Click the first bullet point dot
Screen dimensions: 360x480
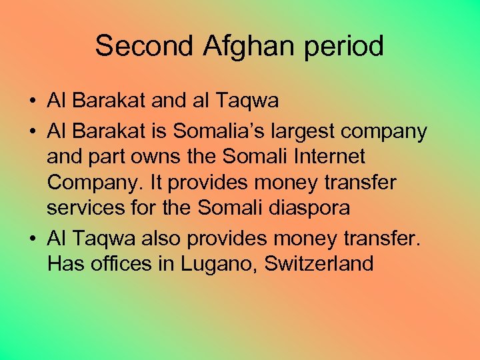(x=32, y=102)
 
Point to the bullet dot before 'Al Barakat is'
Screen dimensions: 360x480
(x=32, y=132)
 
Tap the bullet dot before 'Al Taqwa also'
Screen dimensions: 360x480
(x=32, y=238)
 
